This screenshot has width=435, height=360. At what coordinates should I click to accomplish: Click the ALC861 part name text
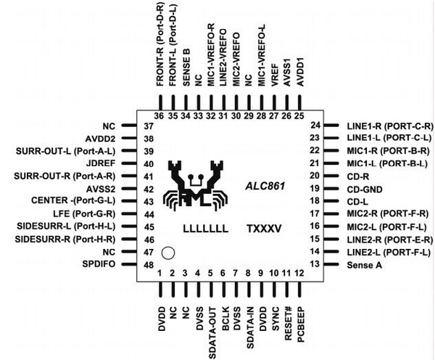pos(265,186)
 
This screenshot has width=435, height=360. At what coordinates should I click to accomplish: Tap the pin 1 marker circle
pos(168,253)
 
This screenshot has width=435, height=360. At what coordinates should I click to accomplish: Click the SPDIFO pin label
pos(99,264)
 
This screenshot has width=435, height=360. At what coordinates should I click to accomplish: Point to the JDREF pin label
pos(101,163)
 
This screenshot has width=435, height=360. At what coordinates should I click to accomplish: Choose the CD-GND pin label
pos(365,189)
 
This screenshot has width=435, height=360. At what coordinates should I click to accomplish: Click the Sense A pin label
pos(364,265)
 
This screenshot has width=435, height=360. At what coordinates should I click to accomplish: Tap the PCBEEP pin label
pos(301,324)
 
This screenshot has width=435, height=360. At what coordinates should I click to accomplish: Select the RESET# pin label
pos(289,324)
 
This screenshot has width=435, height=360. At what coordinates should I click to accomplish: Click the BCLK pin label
pos(225,319)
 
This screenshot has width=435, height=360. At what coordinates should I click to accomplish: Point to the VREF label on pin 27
pos(274,75)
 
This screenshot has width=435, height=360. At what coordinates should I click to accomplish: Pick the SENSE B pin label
pos(186,67)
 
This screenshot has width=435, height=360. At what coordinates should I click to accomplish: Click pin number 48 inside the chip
pos(149,265)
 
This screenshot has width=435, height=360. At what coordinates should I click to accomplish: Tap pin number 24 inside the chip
pos(315,126)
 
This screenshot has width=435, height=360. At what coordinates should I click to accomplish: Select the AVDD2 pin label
pos(100,139)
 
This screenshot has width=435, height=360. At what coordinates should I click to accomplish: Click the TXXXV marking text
pos(264,229)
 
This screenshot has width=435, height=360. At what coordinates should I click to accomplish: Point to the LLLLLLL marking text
pos(206,229)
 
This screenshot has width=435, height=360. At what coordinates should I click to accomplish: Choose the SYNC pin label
pos(275,319)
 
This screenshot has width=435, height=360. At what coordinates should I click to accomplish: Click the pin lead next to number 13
pos(331,264)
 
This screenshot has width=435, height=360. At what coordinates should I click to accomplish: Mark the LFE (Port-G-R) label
pos(84,214)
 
